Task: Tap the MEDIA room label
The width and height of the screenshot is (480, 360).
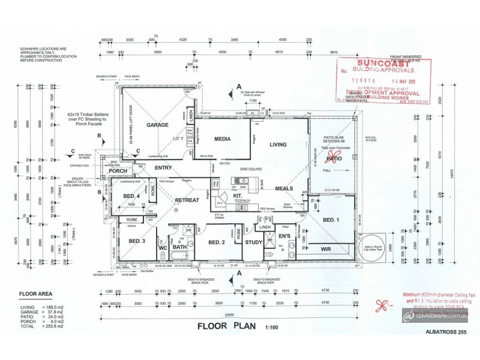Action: tap(223, 139)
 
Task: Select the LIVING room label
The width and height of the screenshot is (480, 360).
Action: tap(278, 145)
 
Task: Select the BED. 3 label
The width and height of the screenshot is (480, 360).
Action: tap(137, 241)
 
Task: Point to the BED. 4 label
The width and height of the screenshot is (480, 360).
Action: tap(132, 196)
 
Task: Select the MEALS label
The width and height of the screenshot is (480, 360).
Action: tap(284, 188)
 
